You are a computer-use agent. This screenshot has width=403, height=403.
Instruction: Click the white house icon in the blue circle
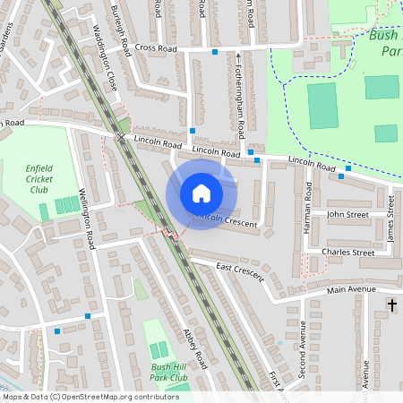201,193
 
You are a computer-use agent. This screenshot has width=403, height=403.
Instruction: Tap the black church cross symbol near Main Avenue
391,306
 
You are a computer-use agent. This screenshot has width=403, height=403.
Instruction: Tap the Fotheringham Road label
239,99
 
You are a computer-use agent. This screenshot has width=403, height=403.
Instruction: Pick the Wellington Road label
87,218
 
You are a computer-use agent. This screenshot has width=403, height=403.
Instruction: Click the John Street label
347,215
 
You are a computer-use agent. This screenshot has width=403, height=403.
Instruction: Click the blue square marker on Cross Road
215,52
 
